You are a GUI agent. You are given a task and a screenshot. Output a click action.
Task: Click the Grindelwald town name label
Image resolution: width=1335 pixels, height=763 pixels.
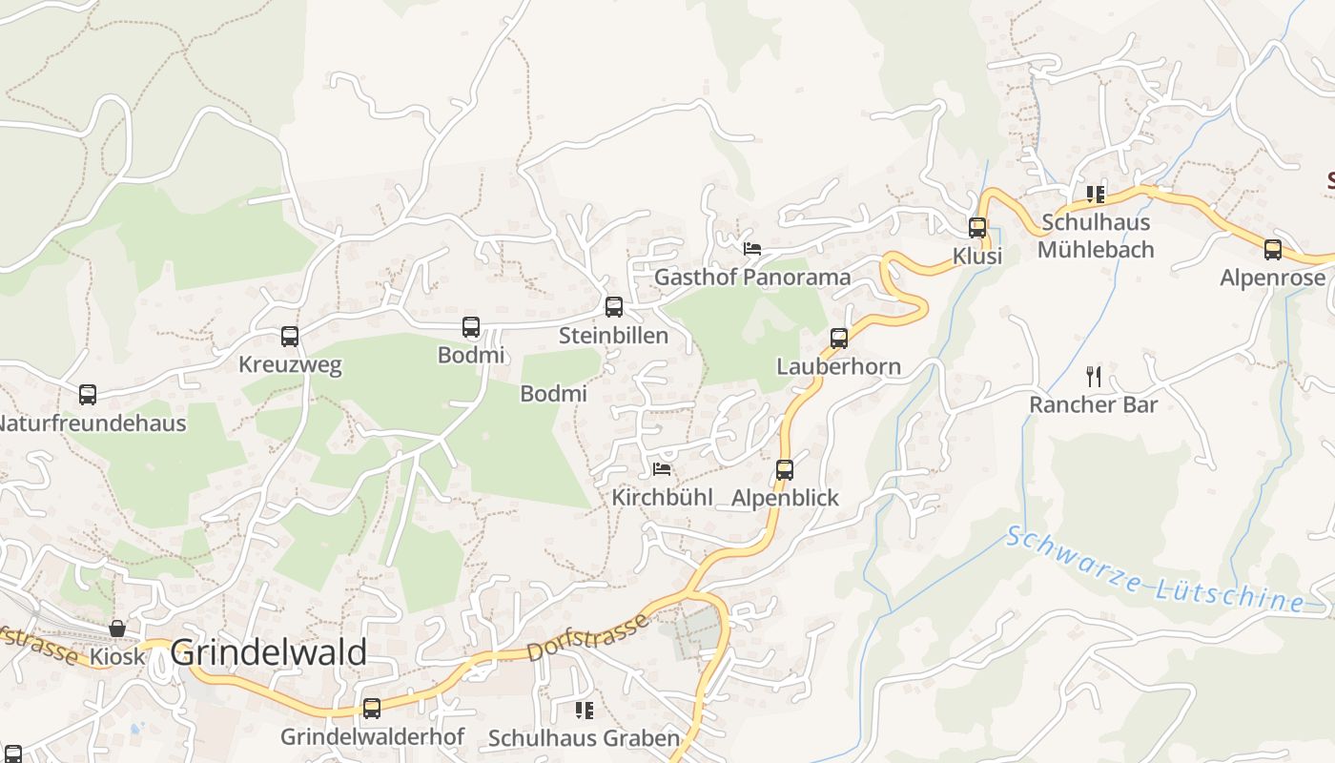tap(268, 653)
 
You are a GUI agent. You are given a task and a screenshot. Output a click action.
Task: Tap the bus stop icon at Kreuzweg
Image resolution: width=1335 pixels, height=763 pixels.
tap(290, 337)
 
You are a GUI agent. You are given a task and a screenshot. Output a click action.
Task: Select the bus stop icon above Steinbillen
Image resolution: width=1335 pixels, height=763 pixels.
tap(614, 307)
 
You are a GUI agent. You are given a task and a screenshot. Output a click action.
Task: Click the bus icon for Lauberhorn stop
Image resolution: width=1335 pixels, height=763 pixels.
tap(839, 339)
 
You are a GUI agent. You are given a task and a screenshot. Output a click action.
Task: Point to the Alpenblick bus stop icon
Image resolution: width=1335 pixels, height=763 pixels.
tap(785, 470)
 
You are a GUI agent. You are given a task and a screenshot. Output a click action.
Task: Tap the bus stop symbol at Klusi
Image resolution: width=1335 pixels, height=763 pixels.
tap(977, 228)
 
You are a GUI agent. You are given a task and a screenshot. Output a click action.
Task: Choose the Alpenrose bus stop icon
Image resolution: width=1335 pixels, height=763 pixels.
tap(1273, 250)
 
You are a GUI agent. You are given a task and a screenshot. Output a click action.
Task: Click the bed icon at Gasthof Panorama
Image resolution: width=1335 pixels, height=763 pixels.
tap(752, 249)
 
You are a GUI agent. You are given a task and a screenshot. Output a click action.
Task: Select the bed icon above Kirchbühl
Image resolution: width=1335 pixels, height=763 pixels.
tap(662, 469)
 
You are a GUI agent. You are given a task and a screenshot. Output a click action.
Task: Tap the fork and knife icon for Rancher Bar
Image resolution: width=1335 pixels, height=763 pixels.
tap(1094, 377)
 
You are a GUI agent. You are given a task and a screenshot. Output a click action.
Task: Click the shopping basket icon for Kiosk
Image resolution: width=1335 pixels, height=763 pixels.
tap(117, 629)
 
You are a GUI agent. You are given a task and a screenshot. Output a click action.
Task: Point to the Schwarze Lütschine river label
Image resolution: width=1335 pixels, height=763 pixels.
tap(1155, 570)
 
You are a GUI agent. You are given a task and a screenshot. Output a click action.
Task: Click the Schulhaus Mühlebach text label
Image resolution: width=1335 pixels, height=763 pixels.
tap(1096, 236)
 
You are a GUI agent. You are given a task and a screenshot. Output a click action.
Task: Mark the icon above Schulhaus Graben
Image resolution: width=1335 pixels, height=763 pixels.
tap(584, 711)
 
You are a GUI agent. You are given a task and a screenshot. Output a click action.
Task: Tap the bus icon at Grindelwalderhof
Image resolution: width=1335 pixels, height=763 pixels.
tap(372, 709)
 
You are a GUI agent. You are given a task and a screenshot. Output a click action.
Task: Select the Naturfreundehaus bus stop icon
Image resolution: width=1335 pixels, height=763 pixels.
tap(88, 395)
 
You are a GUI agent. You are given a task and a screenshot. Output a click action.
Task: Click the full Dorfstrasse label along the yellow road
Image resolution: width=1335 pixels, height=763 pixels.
tap(587, 638)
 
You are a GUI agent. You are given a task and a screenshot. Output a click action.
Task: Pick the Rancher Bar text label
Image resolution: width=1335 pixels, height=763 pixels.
tap(1094, 404)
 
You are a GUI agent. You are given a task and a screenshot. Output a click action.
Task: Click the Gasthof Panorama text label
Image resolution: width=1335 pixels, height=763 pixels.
tap(752, 278)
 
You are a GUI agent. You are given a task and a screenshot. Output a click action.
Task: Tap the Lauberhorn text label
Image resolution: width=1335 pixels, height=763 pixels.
tap(838, 366)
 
